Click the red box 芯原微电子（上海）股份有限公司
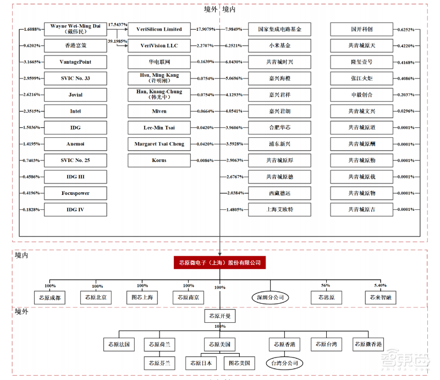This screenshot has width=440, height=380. click(x=219, y=263)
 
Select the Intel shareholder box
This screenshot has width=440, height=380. click(x=75, y=111)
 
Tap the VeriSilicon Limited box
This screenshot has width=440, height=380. click(x=158, y=29)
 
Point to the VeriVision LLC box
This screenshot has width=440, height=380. click(x=158, y=46)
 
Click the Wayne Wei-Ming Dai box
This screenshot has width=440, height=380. click(x=75, y=29)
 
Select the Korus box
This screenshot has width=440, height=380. click(x=158, y=160)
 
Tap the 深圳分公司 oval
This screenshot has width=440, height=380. click(x=270, y=298)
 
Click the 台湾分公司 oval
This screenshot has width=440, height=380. click(x=284, y=364)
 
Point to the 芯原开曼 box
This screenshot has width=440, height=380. click(x=219, y=317)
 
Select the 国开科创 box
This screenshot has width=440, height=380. click(x=361, y=29)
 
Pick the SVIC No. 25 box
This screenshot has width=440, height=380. click(x=75, y=160)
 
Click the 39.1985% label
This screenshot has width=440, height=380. click(x=118, y=41)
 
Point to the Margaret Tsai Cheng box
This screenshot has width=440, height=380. click(x=158, y=144)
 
